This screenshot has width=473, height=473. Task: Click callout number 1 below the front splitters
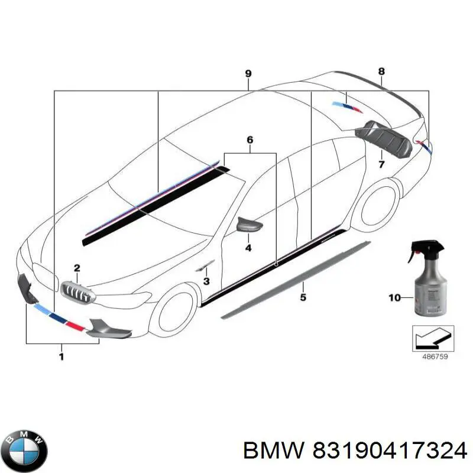61,356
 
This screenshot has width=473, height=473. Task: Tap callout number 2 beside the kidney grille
76,268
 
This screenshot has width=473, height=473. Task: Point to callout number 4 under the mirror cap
248,248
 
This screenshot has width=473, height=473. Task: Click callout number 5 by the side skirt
303,298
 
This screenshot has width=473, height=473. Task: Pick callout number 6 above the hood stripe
250,140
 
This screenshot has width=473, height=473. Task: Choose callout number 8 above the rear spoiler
381,72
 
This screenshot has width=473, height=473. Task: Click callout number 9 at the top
248,74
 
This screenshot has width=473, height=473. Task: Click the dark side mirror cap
249,225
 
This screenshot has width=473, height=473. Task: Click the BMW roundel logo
24,447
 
